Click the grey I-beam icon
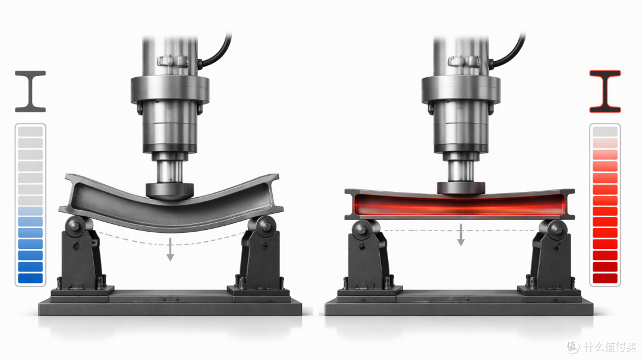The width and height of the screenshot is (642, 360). tap(30, 91)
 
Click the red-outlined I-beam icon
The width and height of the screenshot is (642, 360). tap(605, 91)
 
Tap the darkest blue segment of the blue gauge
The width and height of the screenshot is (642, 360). tap(30, 278)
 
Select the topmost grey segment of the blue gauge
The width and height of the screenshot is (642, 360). tap(30, 131)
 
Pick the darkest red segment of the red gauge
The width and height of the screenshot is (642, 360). tap(605, 278)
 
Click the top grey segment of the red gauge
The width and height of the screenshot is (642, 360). tap(605, 131)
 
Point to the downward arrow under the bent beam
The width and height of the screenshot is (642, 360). tap(170, 249)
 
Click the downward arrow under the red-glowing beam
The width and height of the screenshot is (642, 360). tap(461, 235)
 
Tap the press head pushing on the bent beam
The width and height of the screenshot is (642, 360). tap(169, 191)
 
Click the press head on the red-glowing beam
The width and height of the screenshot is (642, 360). tap(461, 188)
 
